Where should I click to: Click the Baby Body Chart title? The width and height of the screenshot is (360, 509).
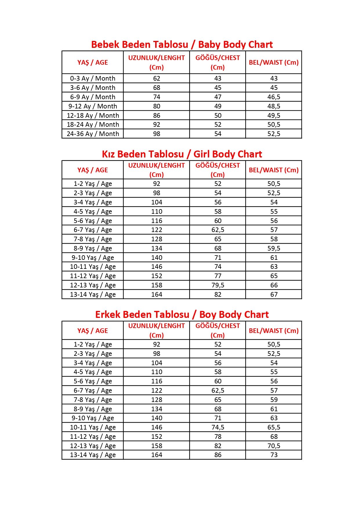pyautogui.click(x=182, y=45)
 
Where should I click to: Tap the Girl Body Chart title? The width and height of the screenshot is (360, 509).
pyautogui.click(x=182, y=154)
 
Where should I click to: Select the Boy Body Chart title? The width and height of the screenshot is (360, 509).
pyautogui.click(x=182, y=315)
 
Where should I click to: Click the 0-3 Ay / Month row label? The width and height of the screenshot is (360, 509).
pyautogui.click(x=93, y=78)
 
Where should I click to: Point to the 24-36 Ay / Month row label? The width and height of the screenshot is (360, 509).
pyautogui.click(x=93, y=134)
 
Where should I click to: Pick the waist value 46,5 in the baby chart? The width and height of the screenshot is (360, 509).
pyautogui.click(x=274, y=97)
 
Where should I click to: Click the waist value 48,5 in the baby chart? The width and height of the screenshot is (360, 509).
pyautogui.click(x=274, y=106)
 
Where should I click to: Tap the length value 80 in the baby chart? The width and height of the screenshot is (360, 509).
pyautogui.click(x=157, y=106)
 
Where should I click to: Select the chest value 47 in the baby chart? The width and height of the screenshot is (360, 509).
pyautogui.click(x=218, y=97)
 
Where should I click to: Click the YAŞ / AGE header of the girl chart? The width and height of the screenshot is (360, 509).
pyautogui.click(x=93, y=170)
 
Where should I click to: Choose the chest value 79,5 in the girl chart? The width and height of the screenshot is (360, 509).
pyautogui.click(x=218, y=285)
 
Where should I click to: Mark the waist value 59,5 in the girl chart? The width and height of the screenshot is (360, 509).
pyautogui.click(x=274, y=248)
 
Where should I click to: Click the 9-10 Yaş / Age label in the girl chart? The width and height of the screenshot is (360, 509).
pyautogui.click(x=93, y=258)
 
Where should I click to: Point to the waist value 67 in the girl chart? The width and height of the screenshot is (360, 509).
pyautogui.click(x=274, y=294)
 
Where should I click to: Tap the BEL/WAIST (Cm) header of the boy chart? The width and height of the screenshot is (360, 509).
pyautogui.click(x=274, y=331)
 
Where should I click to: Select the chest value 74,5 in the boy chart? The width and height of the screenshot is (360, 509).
pyautogui.click(x=218, y=427)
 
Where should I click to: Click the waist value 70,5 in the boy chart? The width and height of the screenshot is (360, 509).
pyautogui.click(x=274, y=446)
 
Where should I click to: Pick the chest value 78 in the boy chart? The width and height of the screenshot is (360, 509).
pyautogui.click(x=218, y=436)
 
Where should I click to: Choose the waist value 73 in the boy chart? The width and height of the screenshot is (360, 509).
pyautogui.click(x=274, y=455)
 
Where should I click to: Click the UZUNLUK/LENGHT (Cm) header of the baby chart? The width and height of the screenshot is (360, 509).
pyautogui.click(x=156, y=62)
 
